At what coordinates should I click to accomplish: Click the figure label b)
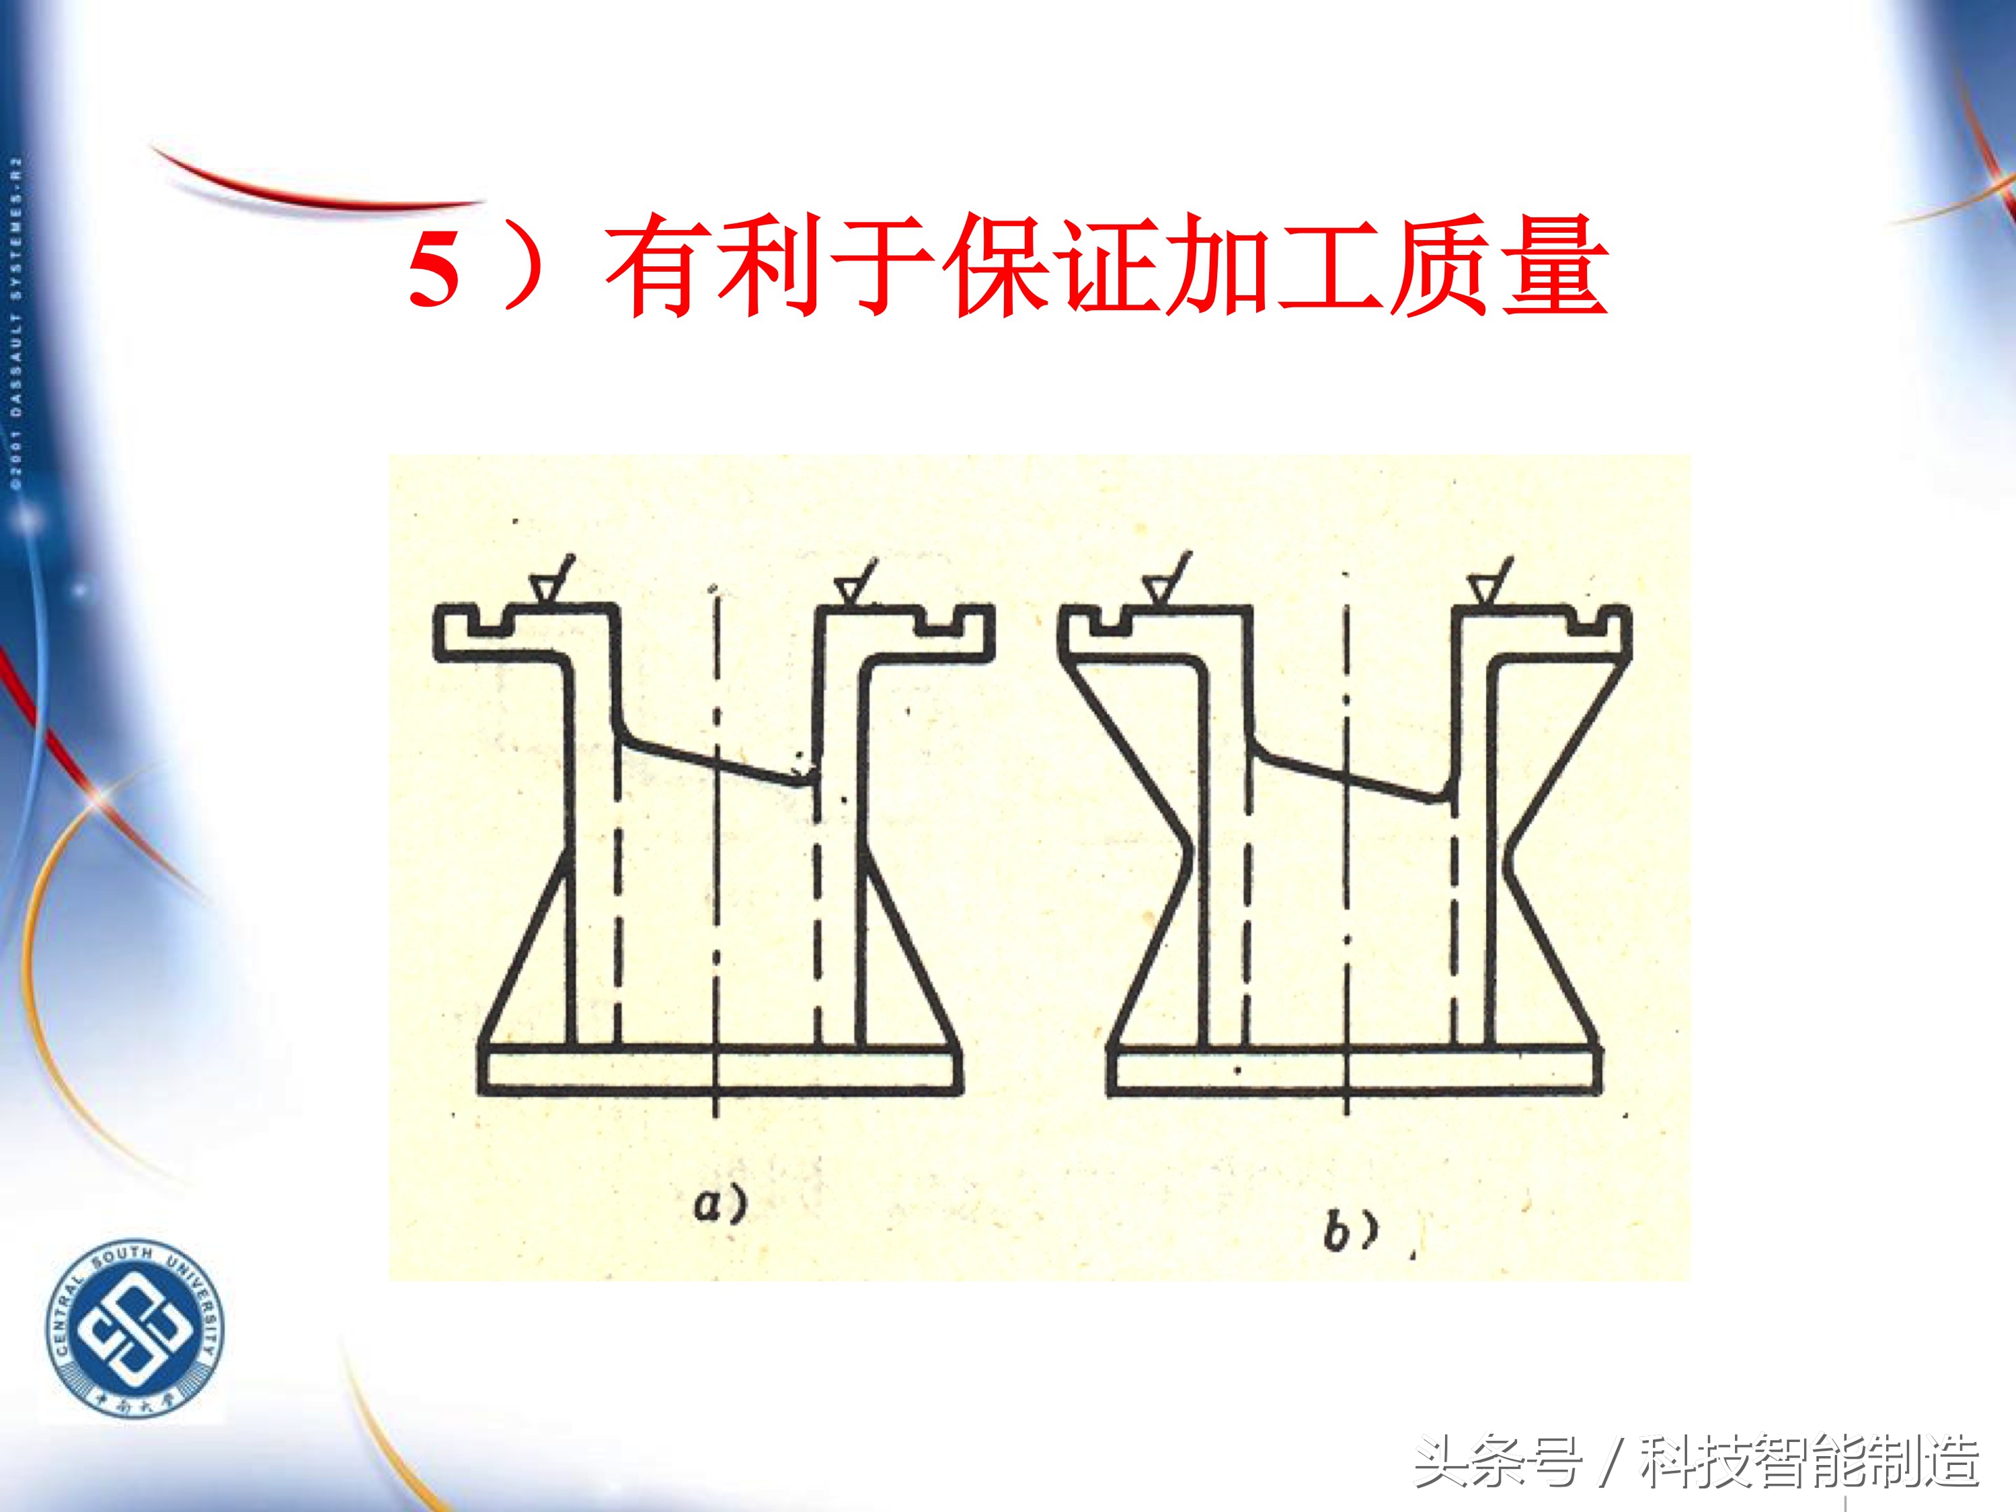point(1350,1233)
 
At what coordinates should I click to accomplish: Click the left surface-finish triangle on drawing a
point(544,590)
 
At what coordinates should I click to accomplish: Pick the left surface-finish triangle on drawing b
point(1157,590)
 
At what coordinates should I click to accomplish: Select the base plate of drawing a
point(720,1070)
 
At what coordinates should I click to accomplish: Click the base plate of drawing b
point(1354,1070)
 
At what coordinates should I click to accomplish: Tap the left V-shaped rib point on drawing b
point(1185,857)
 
